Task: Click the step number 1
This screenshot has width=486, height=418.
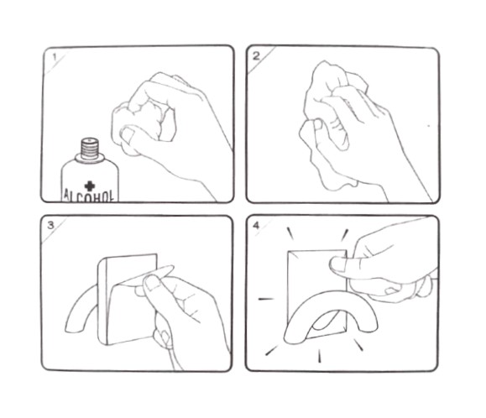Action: click(55, 57)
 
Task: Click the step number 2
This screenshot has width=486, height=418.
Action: click(257, 56)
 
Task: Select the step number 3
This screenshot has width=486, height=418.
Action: click(51, 225)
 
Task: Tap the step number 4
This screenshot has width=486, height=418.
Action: click(256, 225)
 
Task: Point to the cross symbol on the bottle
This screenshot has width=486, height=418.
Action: click(90, 185)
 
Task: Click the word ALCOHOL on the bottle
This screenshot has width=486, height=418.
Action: click(88, 196)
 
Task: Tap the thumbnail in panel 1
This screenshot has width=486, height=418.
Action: click(127, 134)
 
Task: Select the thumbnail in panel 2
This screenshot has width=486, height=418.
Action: click(317, 124)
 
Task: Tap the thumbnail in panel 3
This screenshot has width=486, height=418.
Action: click(153, 283)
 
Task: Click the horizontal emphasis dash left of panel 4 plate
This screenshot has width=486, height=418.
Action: click(265, 299)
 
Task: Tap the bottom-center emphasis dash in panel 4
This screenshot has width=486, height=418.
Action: click(320, 355)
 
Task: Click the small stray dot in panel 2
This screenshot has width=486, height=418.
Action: click(429, 126)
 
